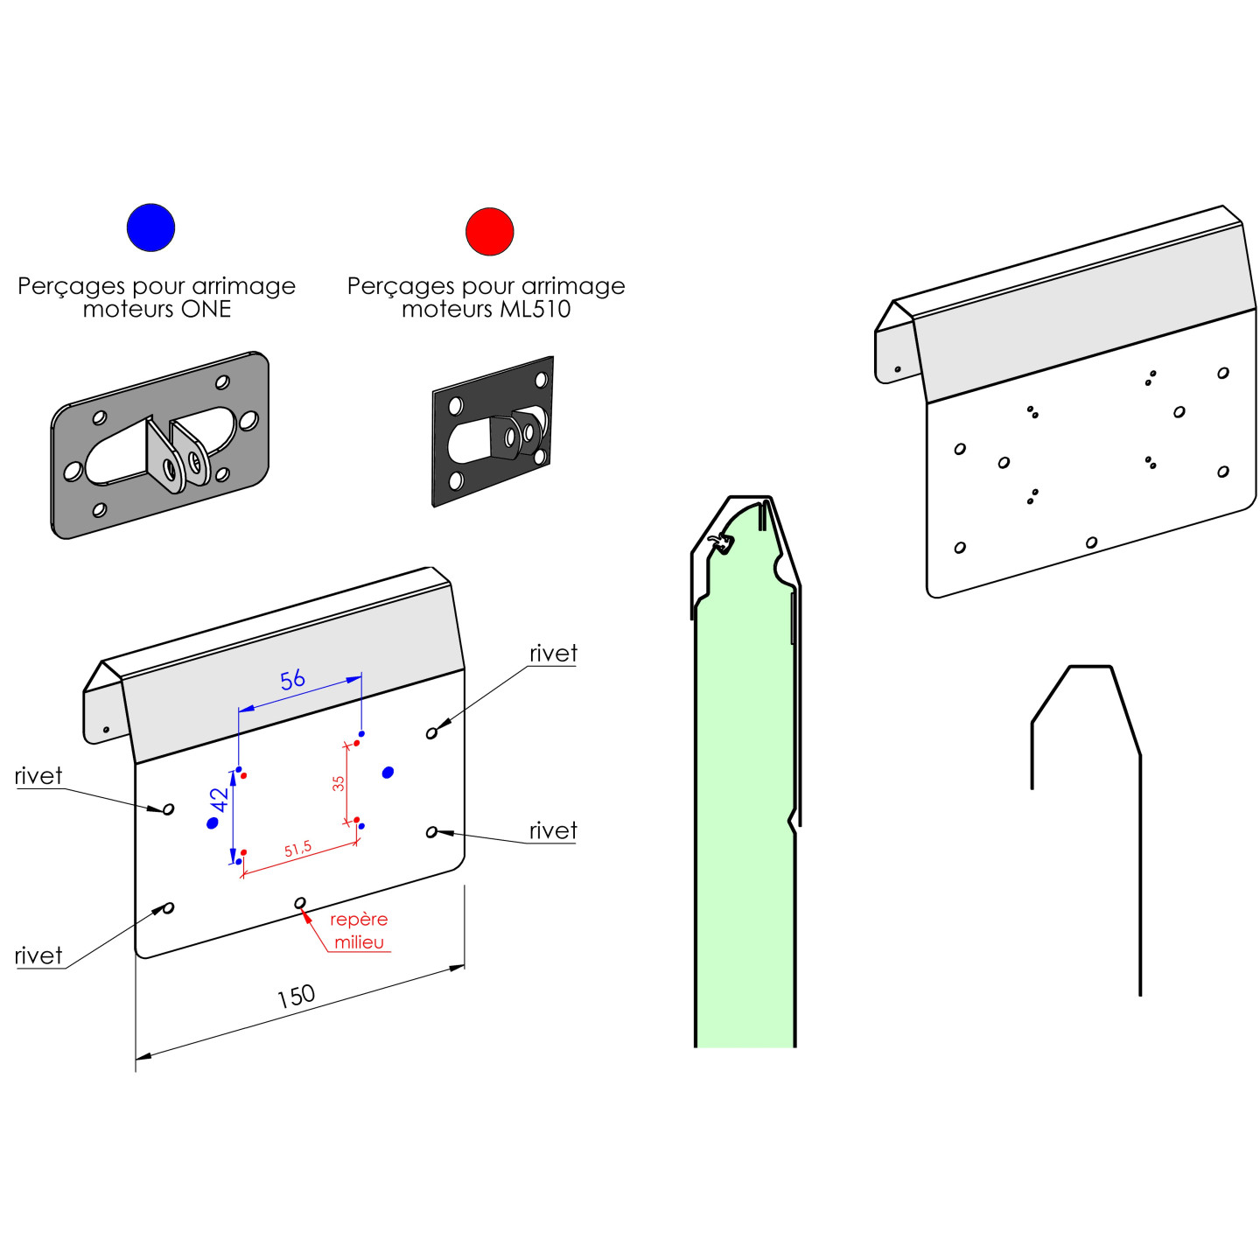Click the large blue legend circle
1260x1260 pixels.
(x=150, y=227)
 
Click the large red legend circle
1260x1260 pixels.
(x=489, y=232)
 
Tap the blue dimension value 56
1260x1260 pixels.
(x=292, y=679)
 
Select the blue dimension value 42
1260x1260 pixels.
(x=219, y=800)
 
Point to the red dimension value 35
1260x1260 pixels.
(x=339, y=783)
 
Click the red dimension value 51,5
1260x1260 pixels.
(x=297, y=849)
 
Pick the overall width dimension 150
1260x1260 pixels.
(x=296, y=996)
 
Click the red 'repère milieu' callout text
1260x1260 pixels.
(x=359, y=930)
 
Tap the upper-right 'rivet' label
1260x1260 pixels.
(x=553, y=654)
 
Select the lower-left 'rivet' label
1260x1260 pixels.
(x=38, y=955)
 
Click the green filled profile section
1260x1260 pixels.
(x=745, y=831)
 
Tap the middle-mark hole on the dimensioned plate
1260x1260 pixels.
(x=300, y=902)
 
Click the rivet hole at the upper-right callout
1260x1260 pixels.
(x=431, y=732)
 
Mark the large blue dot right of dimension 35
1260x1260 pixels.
(x=388, y=772)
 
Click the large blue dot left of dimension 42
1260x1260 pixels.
(x=212, y=823)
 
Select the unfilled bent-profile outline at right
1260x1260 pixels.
(x=1139, y=875)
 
